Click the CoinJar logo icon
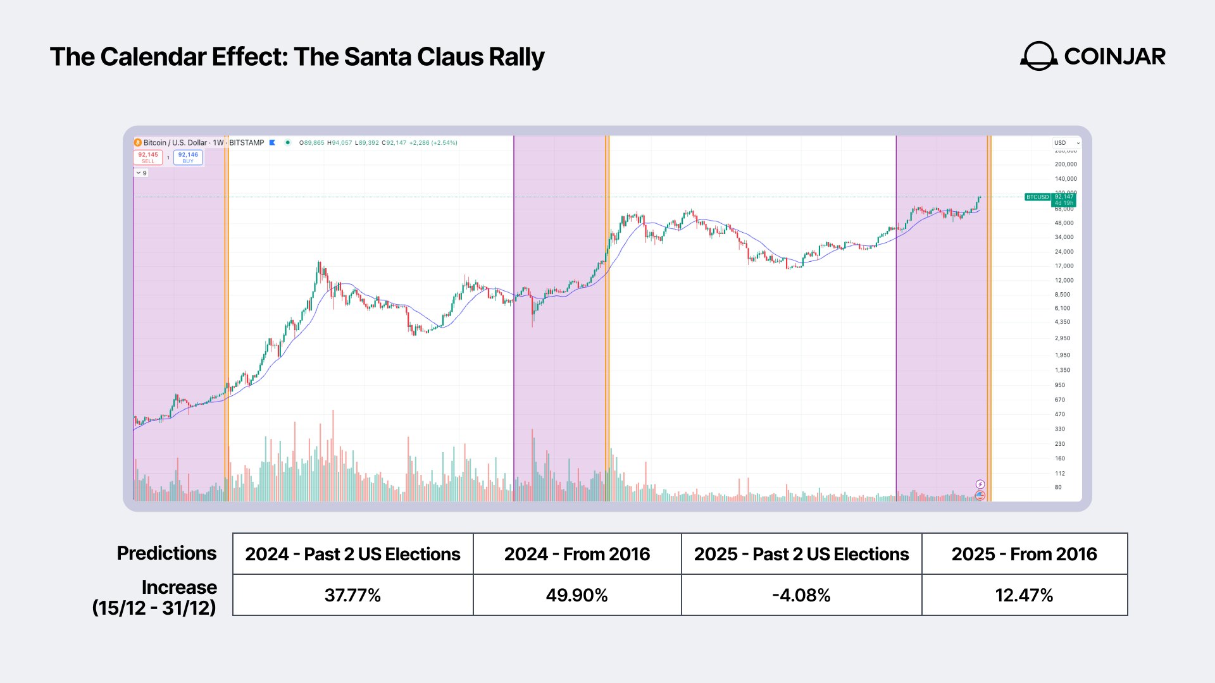pyautogui.click(x=1038, y=56)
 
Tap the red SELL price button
pyautogui.click(x=148, y=157)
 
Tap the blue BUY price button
pyautogui.click(x=188, y=157)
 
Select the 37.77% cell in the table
pyautogui.click(x=352, y=595)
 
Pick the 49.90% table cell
pyautogui.click(x=576, y=595)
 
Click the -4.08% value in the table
pyautogui.click(x=801, y=595)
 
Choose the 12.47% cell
pyautogui.click(x=1024, y=595)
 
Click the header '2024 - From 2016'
pyautogui.click(x=576, y=554)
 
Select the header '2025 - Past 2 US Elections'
pyautogui.click(x=801, y=554)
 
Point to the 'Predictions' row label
pyautogui.click(x=166, y=553)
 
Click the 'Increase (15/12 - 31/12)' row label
pyautogui.click(x=155, y=597)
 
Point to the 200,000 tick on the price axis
pyautogui.click(x=1066, y=164)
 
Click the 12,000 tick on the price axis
pyautogui.click(x=1064, y=280)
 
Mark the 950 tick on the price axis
pyautogui.click(x=1060, y=385)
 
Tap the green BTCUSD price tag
pyautogui.click(x=1037, y=197)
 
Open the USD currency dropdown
pyautogui.click(x=1066, y=143)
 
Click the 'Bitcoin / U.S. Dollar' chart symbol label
pyautogui.click(x=175, y=143)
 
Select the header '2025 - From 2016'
pyautogui.click(x=1024, y=554)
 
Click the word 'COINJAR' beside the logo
pyautogui.click(x=1114, y=56)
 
